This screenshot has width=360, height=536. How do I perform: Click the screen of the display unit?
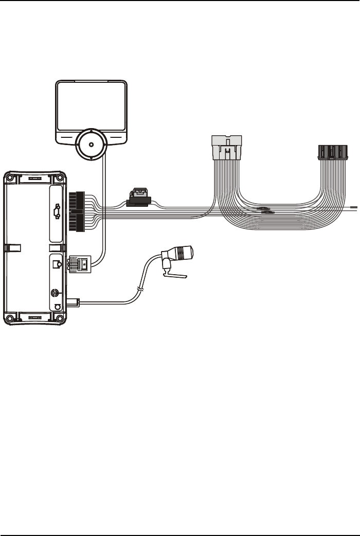point(91,106)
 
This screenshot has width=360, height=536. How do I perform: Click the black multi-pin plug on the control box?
point(76,211)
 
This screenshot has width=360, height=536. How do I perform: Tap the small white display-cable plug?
point(80,263)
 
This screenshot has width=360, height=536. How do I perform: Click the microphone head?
point(184,254)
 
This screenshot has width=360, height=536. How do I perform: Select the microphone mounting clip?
point(174,276)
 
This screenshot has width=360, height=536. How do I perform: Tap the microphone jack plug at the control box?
point(75,302)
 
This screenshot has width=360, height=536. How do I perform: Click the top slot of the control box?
point(34,178)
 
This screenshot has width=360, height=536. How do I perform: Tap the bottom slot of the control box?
point(34,317)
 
